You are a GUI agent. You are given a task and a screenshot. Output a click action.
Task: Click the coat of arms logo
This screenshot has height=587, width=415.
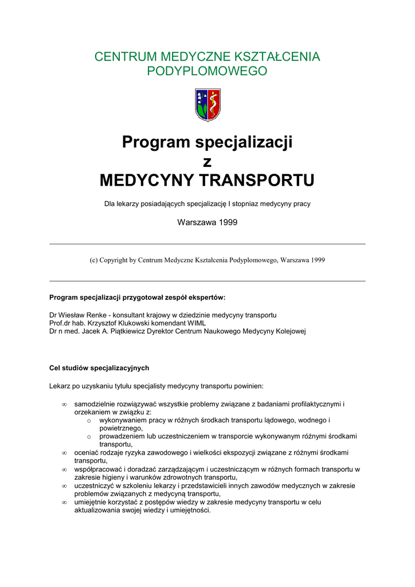(x=207, y=104)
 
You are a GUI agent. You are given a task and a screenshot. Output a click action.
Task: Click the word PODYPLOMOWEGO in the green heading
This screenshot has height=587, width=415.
(x=207, y=71)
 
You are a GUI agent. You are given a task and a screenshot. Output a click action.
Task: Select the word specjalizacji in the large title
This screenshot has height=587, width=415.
(x=243, y=142)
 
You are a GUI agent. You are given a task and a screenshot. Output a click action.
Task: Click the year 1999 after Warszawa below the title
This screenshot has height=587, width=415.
(x=227, y=222)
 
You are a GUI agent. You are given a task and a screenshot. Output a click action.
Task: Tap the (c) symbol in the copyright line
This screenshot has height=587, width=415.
(x=93, y=260)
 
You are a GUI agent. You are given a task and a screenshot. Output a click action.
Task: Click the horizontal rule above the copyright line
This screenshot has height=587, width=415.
(x=207, y=244)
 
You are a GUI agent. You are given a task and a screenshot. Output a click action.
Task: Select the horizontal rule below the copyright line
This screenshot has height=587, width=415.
(x=207, y=281)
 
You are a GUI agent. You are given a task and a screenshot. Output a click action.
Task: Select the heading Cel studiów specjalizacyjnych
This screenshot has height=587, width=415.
(x=99, y=367)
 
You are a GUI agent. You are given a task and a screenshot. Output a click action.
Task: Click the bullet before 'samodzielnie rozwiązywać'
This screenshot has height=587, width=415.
(x=64, y=404)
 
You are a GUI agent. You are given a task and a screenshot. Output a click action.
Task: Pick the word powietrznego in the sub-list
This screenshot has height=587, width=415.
(x=120, y=428)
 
